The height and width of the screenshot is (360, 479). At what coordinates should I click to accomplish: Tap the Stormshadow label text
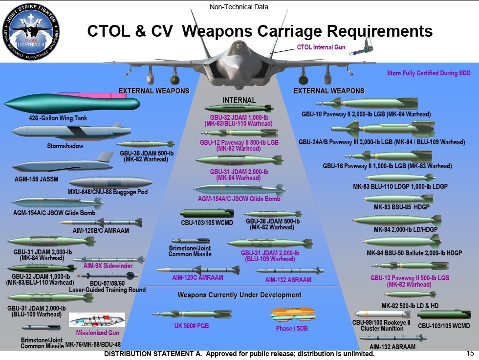(x=65, y=146)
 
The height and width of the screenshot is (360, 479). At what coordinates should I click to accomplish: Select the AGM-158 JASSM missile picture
(x=59, y=166)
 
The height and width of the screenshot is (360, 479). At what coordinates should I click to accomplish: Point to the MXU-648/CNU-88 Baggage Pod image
(x=110, y=182)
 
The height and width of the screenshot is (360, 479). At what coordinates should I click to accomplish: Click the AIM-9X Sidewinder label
(x=108, y=266)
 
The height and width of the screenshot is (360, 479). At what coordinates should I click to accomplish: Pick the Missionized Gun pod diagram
(x=97, y=320)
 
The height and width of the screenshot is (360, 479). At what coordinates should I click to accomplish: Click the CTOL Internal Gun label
(x=320, y=47)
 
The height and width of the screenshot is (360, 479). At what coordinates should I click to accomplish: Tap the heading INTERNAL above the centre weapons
(x=239, y=100)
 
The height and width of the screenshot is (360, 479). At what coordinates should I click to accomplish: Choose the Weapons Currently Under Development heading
(x=239, y=295)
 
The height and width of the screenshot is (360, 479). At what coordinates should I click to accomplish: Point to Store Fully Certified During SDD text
(x=429, y=73)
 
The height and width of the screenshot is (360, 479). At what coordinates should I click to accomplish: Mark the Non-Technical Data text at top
(x=239, y=7)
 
